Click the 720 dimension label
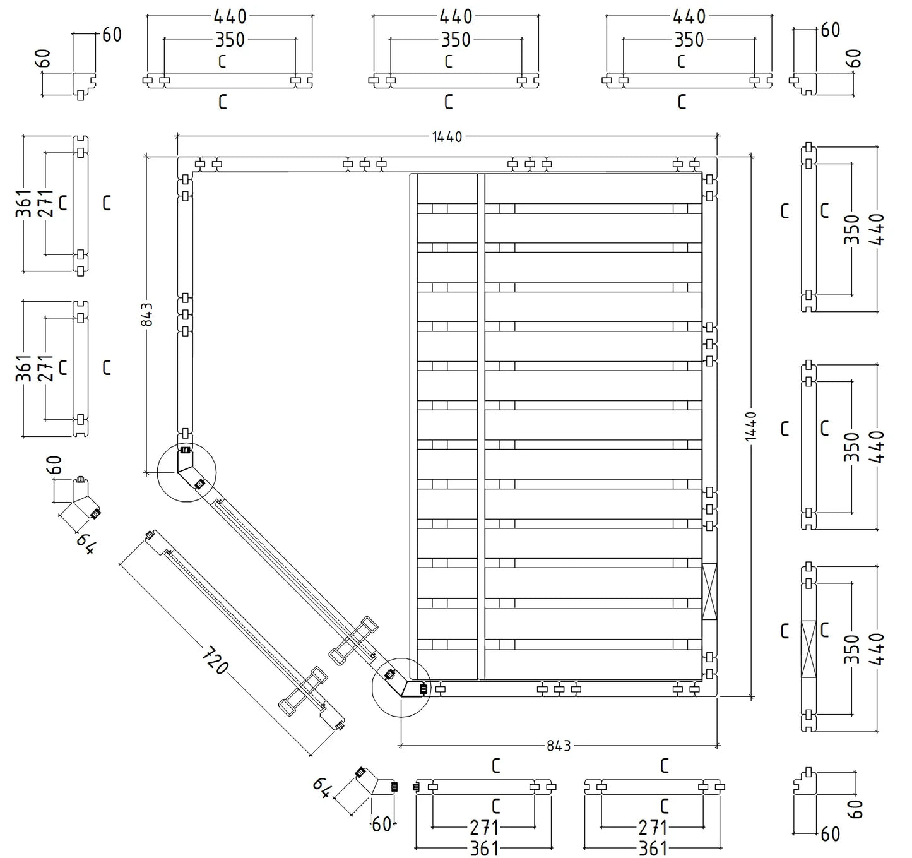point(215,660)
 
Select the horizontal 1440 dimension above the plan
point(447,136)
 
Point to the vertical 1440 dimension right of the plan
point(750,426)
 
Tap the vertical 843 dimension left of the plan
point(146,314)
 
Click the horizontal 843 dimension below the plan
point(559,746)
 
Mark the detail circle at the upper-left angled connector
point(186,472)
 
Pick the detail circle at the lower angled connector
point(401,688)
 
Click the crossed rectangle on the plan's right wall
point(709,592)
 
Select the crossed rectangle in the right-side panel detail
point(808,649)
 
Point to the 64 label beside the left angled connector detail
point(86,544)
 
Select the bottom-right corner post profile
point(805,784)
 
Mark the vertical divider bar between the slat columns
point(481,426)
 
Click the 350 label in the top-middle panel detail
point(456,40)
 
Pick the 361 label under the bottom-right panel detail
point(653,848)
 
